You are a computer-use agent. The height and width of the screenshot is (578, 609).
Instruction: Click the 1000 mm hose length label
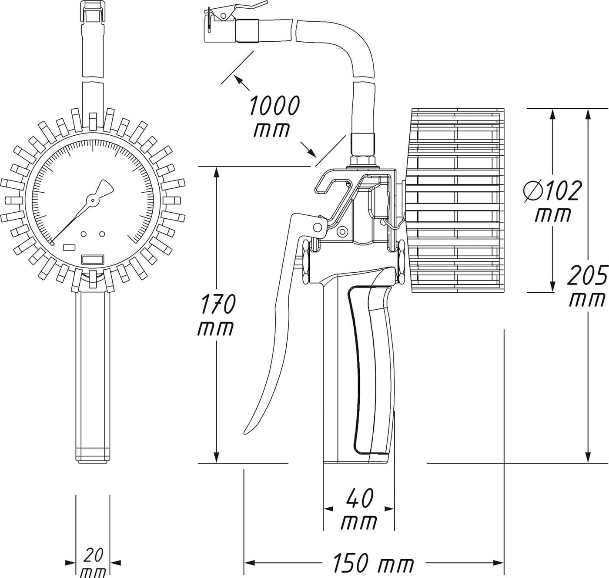pyautogui.click(x=274, y=117)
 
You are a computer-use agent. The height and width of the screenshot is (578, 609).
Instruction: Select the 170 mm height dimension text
pyautogui.click(x=216, y=315)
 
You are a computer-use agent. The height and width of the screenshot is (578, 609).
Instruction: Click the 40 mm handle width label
pyautogui.click(x=359, y=510)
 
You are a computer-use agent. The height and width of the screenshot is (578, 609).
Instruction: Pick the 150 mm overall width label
pyautogui.click(x=373, y=564)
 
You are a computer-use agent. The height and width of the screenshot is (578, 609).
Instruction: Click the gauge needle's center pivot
pyautogui.click(x=92, y=200)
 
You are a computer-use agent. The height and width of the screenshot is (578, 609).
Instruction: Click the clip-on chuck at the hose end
pyautogui.click(x=222, y=27)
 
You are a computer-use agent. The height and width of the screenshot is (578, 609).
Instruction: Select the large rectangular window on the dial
pyautogui.click(x=93, y=259)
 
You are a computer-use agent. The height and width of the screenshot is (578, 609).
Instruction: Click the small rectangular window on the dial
pyautogui.click(x=69, y=247)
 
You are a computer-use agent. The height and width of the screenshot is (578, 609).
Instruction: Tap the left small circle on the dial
pyautogui.click(x=84, y=234)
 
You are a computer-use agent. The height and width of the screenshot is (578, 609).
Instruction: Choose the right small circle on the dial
pyautogui.click(x=102, y=234)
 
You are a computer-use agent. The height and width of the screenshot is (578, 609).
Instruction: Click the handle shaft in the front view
pyautogui.click(x=93, y=374)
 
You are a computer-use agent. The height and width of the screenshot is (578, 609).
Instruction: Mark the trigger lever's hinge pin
pyautogui.click(x=320, y=226)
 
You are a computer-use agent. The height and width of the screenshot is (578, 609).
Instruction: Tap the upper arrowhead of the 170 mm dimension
pyautogui.click(x=216, y=171)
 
